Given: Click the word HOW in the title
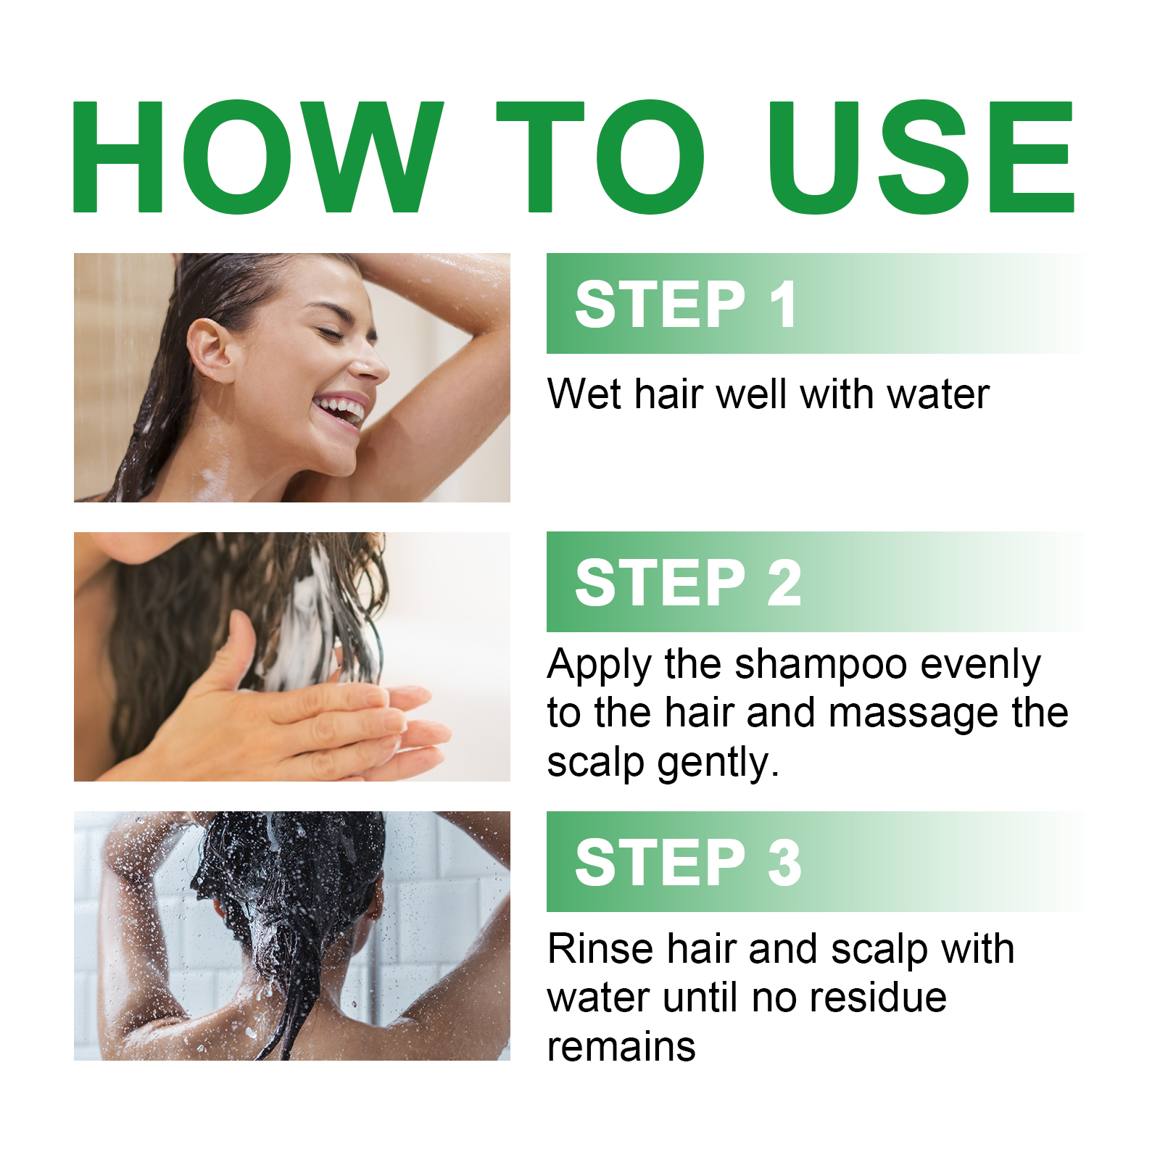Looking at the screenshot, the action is pyautogui.click(x=257, y=157).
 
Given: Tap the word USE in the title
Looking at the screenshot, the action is pyautogui.click(x=921, y=157).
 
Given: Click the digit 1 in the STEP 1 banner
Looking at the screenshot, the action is pyautogui.click(x=784, y=304).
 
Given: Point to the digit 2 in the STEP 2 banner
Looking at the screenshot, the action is pyautogui.click(x=784, y=583).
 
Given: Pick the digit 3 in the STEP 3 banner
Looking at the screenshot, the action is pyautogui.click(x=784, y=863).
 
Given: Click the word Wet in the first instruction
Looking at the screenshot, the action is pyautogui.click(x=584, y=394).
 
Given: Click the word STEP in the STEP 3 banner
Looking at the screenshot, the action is pyautogui.click(x=660, y=863).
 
